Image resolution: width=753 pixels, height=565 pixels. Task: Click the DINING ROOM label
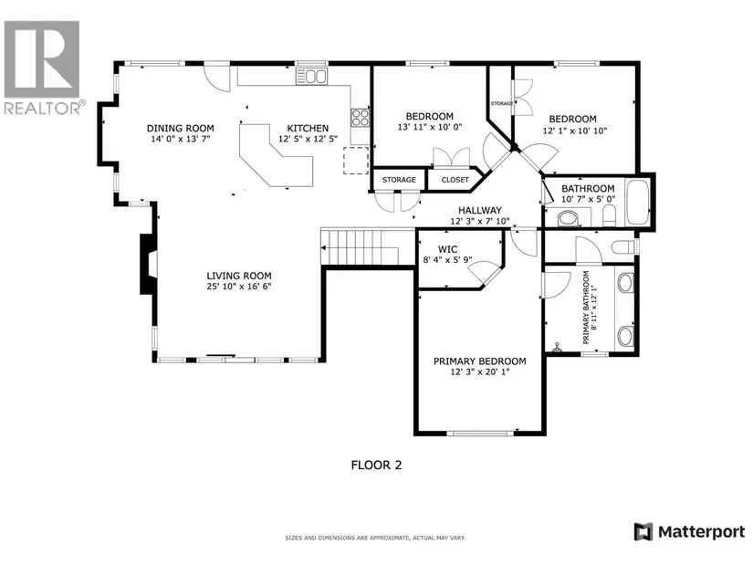[x=181, y=129]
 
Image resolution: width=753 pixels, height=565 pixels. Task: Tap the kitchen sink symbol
[x=311, y=77]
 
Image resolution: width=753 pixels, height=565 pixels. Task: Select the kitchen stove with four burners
[x=360, y=117]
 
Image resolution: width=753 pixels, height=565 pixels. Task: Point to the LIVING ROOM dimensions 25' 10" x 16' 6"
[x=239, y=287]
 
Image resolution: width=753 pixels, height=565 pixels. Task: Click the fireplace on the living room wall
[x=149, y=264]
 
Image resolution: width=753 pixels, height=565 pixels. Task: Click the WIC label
[x=447, y=249]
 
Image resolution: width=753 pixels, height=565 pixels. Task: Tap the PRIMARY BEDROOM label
[x=480, y=361]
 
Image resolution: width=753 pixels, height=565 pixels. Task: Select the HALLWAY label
[x=480, y=211]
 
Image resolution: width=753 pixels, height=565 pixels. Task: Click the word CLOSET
[x=455, y=180]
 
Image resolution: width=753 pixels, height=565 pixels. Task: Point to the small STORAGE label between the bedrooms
[x=501, y=103]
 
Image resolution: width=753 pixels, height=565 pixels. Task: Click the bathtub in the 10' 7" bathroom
[x=638, y=203]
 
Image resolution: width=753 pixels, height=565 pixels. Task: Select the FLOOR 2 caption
[x=376, y=466]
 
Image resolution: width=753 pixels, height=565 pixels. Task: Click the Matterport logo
[x=689, y=532]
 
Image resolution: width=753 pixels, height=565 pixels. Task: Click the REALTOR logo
[x=42, y=68]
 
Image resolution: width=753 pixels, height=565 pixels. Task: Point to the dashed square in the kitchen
[x=356, y=161]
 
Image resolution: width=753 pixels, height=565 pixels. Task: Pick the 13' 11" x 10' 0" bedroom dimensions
[x=429, y=127]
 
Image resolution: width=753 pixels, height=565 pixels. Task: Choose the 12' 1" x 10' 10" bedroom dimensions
[x=575, y=131]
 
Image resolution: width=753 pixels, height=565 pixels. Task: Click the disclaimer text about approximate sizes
[x=375, y=539]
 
